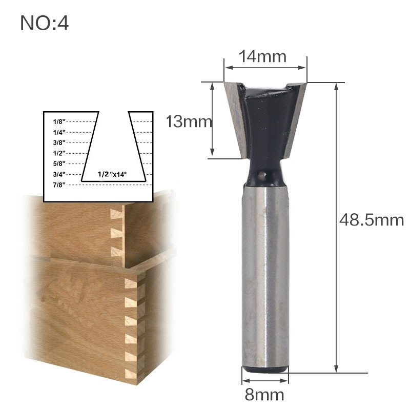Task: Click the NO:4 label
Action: coord(44,24)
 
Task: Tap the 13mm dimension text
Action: coord(188,121)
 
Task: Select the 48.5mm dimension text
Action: coord(372,220)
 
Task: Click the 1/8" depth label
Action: coord(59,122)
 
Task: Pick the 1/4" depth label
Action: coord(59,132)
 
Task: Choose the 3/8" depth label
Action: coord(59,142)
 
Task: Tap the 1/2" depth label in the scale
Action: coord(59,153)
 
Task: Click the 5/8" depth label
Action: coord(59,163)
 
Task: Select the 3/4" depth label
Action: coord(59,174)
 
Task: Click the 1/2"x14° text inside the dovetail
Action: coord(112,175)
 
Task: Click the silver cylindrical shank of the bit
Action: coord(265,277)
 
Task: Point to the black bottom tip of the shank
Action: coord(265,368)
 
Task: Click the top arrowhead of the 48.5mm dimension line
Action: coord(336,86)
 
